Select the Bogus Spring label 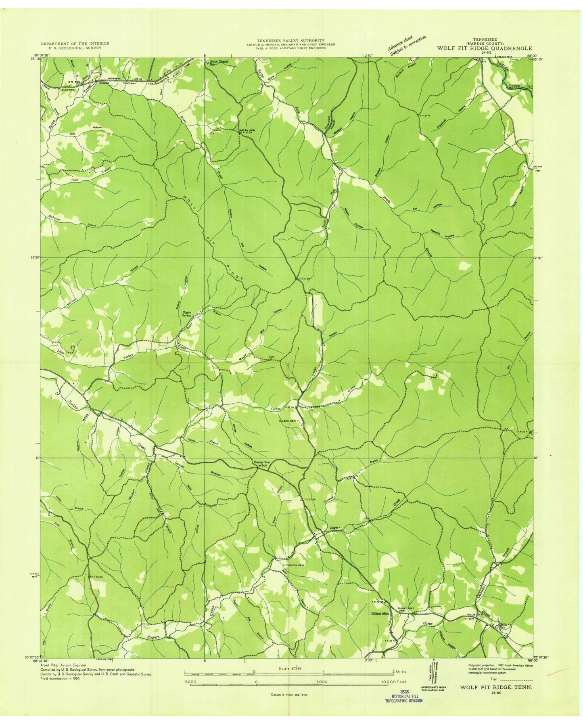tap(186, 314)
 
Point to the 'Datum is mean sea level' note tap(288, 695)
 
